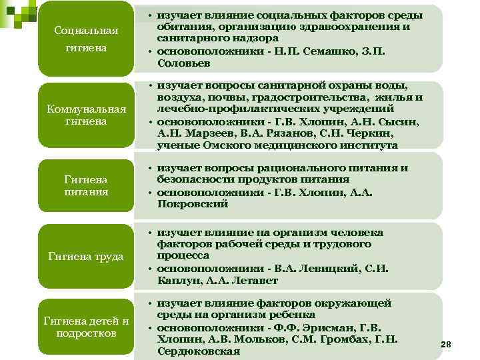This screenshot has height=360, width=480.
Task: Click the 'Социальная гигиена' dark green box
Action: [86, 39]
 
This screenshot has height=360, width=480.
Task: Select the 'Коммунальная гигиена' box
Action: [86, 115]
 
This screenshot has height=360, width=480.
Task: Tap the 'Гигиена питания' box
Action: [86, 186]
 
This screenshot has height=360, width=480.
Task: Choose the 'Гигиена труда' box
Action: [86, 255]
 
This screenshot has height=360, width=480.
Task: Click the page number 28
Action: [446, 344]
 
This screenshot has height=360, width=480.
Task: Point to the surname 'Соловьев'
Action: [184, 63]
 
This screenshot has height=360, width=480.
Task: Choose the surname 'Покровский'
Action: [193, 204]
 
